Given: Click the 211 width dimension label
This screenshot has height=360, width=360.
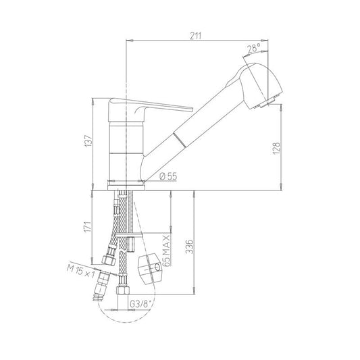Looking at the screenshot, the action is pos(196,36).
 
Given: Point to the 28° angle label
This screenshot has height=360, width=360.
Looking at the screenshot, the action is pos(254,48).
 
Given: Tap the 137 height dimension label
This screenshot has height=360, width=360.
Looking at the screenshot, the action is pos(88,141).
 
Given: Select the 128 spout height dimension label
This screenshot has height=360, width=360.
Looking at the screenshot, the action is pos(277,148).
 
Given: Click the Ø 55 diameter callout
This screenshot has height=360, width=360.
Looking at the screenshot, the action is pos(169,176).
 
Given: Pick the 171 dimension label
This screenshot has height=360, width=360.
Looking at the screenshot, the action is pos(88,227).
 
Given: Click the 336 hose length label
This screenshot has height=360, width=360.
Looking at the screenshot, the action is pos(190,247).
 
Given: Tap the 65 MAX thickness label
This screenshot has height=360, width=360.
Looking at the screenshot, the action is pos(166,251).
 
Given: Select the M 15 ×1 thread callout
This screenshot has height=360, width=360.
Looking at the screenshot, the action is pos(80,272).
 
